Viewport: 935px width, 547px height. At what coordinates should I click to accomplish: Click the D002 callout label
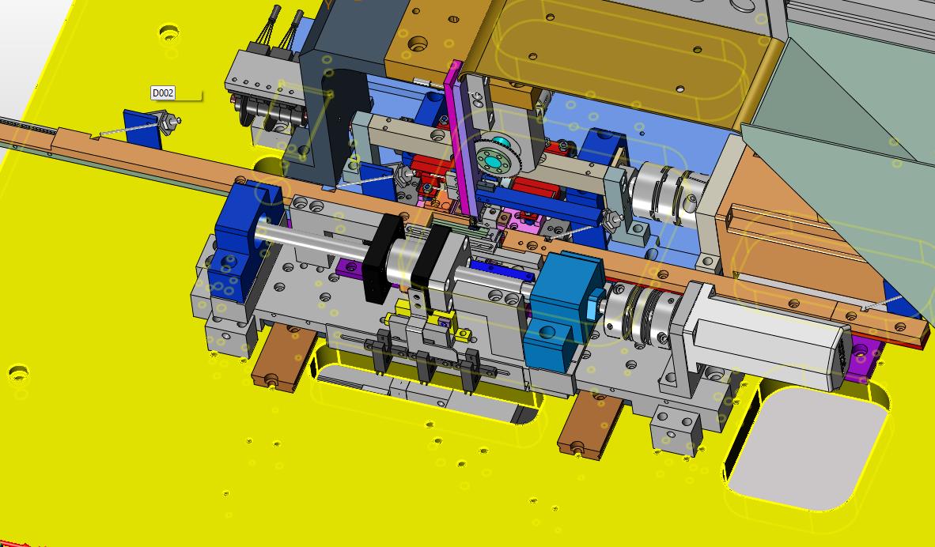click(163, 93)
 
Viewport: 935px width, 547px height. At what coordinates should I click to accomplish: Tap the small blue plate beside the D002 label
click(142, 129)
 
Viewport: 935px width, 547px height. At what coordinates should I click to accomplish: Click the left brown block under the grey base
click(284, 358)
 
